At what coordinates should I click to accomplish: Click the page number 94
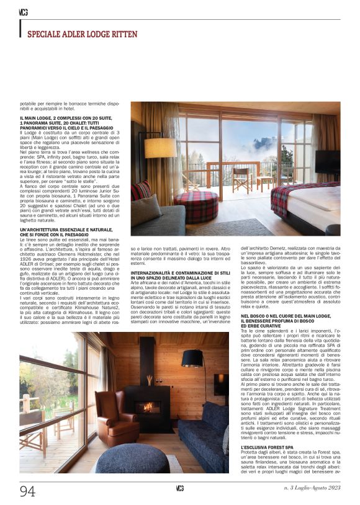[27, 491]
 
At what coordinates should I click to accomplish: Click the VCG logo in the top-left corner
[23, 11]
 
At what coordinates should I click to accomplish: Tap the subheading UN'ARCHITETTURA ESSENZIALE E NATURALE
[65, 232]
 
